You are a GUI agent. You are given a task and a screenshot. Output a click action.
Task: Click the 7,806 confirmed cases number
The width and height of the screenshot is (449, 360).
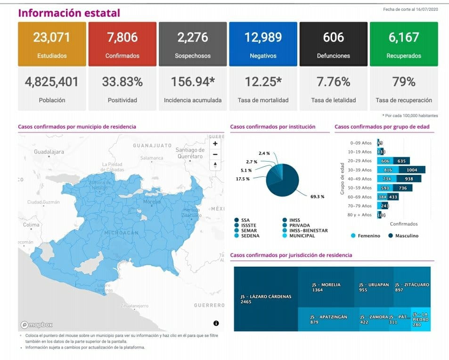tap(122, 37)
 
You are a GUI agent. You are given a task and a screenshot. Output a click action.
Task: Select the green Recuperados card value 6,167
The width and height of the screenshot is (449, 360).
tap(403, 37)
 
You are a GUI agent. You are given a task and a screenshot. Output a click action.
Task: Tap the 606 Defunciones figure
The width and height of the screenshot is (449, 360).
tap(334, 37)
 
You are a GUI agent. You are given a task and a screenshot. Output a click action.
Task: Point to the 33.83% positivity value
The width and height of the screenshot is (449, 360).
tap(122, 82)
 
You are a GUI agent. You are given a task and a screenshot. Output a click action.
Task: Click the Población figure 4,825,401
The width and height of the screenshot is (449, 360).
tap(52, 82)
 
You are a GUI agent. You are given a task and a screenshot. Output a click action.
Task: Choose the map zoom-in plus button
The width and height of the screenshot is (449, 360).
tap(215, 143)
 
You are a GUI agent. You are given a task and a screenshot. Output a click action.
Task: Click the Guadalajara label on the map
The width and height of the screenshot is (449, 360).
tap(49, 152)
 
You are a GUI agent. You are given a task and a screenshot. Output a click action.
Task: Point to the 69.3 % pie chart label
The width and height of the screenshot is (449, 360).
tap(317, 196)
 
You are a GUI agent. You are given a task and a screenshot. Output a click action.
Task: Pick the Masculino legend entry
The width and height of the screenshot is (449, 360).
tap(403, 236)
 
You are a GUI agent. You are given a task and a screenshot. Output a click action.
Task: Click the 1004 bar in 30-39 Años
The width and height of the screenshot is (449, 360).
tap(412, 170)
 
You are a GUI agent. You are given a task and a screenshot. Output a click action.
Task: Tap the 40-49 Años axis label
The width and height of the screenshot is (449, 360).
tap(359, 179)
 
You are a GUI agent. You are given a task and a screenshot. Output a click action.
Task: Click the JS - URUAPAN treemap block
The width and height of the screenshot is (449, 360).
tap(373, 287)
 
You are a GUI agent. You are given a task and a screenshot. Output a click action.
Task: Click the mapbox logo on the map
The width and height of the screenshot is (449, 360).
tap(37, 324)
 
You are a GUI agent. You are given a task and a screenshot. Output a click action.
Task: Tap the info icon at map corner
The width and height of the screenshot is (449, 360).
tap(216, 323)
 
